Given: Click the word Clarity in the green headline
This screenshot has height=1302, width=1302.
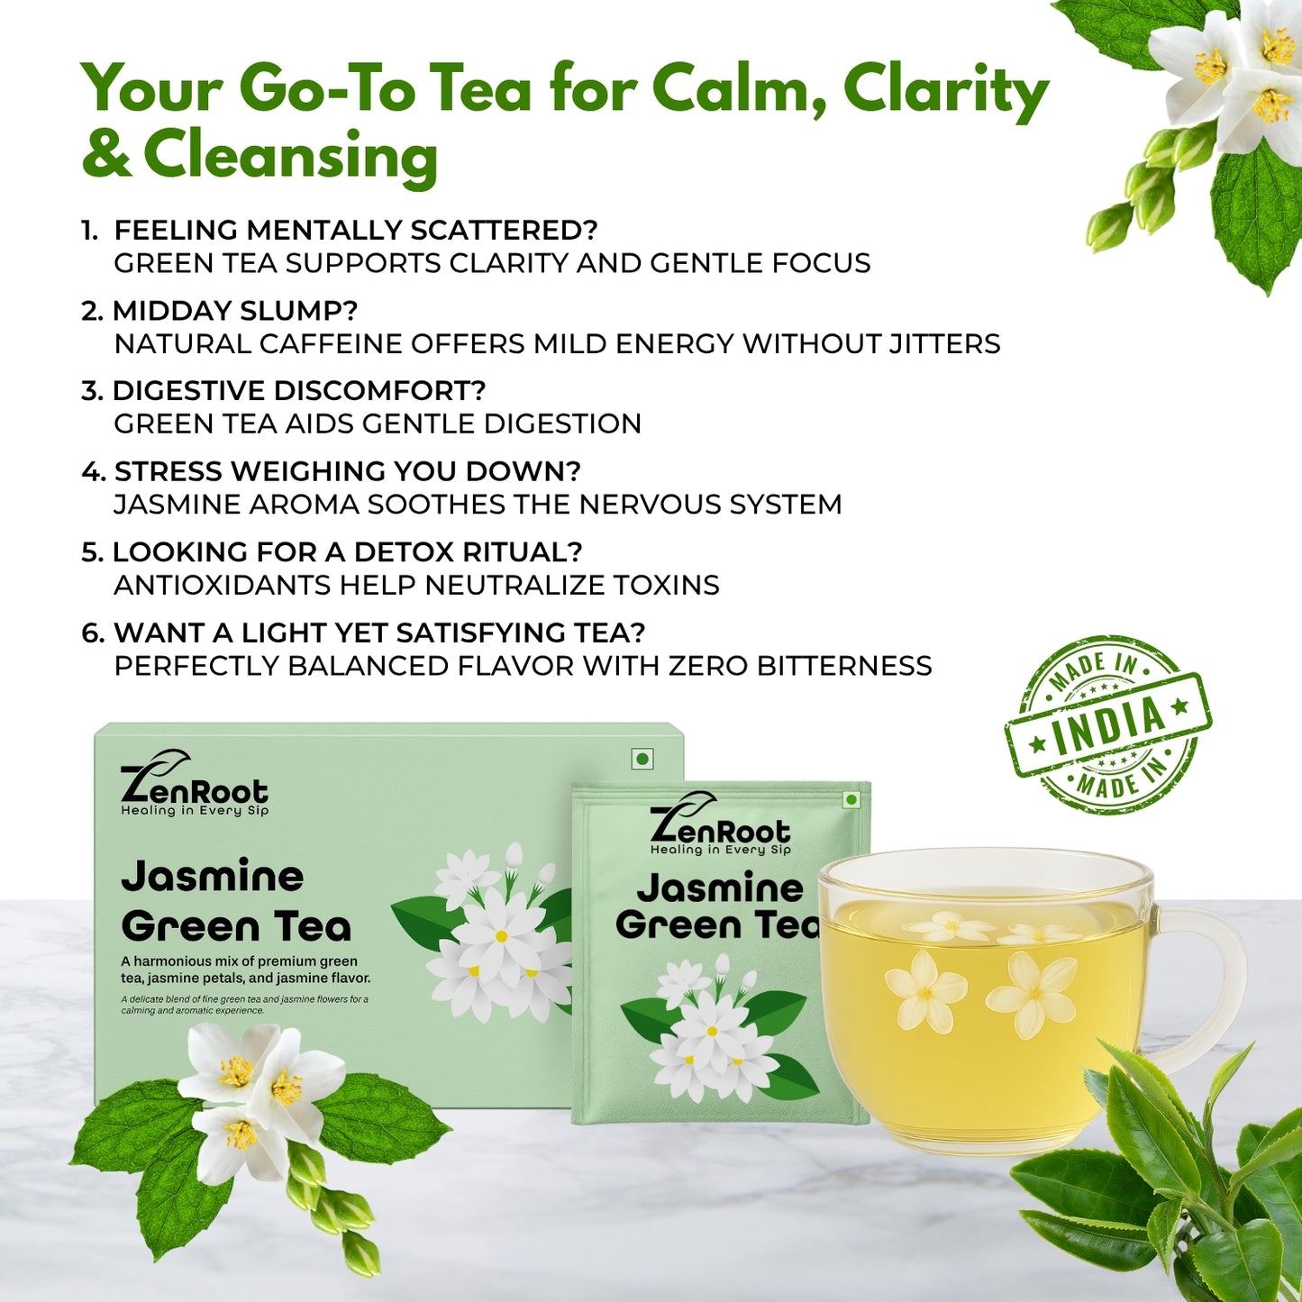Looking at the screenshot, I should coord(946,90).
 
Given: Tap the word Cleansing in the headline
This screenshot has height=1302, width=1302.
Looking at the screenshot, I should coord(290,158).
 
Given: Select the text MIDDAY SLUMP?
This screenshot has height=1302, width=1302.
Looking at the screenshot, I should coord(235,311).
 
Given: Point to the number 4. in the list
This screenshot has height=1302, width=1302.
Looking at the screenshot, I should coord(94,471).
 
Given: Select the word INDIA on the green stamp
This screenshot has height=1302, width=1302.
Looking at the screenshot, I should coord(1109,724).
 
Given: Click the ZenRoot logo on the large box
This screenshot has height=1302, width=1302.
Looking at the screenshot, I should coord(194,782).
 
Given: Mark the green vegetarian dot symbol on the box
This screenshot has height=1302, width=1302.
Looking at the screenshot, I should coord(642,760).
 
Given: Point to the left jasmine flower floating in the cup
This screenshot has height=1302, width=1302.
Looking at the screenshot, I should coord(925,990).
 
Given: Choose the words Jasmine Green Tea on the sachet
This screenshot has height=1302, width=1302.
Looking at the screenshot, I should coord(717,906).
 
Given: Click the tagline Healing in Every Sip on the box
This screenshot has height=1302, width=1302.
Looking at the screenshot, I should coord(195,810).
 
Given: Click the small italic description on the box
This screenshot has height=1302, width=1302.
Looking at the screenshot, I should coord(244,1005).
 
